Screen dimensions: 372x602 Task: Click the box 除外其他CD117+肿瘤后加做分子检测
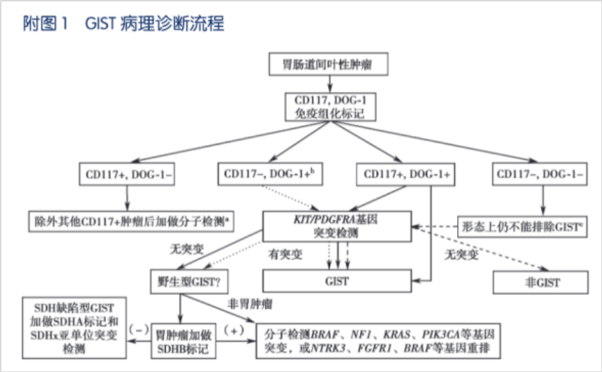(132, 221)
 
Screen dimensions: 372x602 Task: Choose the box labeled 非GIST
(542, 282)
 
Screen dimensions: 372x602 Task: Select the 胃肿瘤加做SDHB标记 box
(181, 341)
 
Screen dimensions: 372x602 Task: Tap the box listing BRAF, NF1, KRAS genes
(378, 341)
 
